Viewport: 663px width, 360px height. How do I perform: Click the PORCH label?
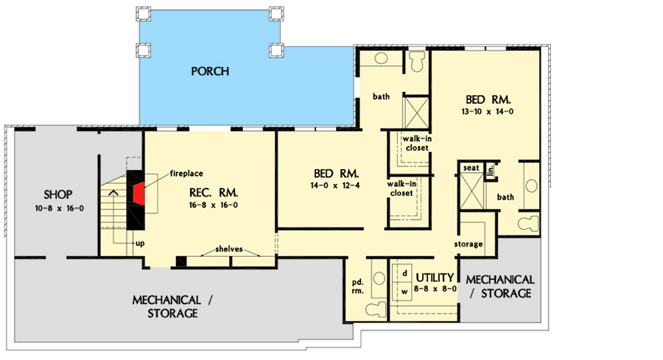(210, 71)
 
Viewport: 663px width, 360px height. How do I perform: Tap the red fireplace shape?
(138, 193)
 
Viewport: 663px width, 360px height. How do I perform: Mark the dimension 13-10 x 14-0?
(487, 111)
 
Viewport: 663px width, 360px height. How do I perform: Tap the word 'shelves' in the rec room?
(230, 249)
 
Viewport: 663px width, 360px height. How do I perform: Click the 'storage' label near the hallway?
(469, 244)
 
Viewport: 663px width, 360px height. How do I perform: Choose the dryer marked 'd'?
(404, 272)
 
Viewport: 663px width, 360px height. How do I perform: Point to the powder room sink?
(378, 278)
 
